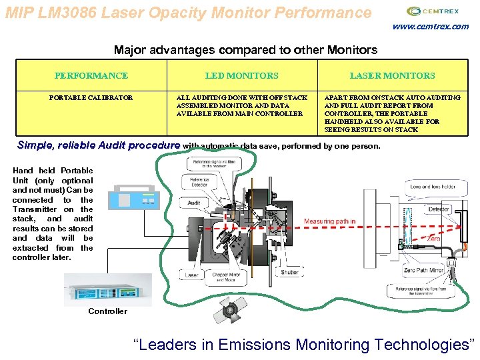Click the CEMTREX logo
[433, 11]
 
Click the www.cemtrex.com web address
[430, 27]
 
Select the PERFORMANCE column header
[91, 76]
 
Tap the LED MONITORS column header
[241, 76]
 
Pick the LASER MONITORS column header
[392, 76]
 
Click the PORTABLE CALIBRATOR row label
[91, 97]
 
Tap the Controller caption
[107, 311]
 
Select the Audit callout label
[194, 203]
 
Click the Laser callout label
[191, 275]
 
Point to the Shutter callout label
[290, 272]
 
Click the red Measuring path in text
[329, 221]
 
